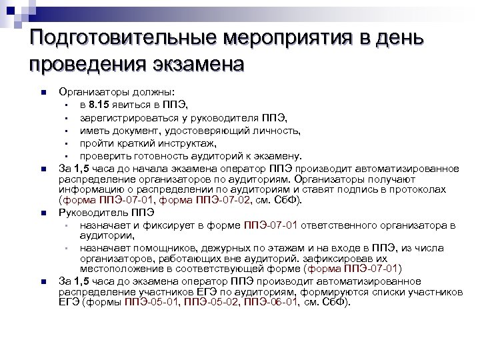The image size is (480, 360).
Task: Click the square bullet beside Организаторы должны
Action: point(42,93)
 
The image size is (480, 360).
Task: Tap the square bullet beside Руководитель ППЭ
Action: point(42,213)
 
